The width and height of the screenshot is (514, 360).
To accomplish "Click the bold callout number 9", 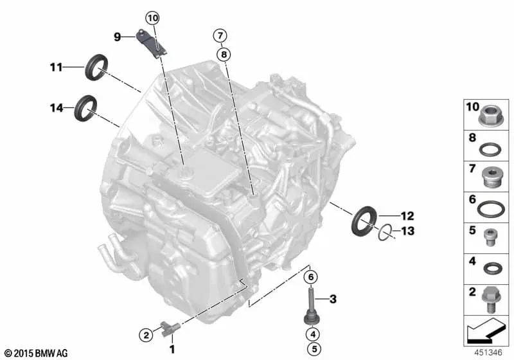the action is coord(118,37).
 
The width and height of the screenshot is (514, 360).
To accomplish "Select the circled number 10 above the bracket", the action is coord(153,18).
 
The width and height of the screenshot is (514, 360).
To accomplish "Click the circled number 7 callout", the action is coord(220,35).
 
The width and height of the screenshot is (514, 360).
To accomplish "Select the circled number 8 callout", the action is coord(224,54).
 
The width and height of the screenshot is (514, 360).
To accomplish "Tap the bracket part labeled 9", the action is coord(152,44).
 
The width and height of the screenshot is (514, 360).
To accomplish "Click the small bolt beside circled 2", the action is coord(170,328).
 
